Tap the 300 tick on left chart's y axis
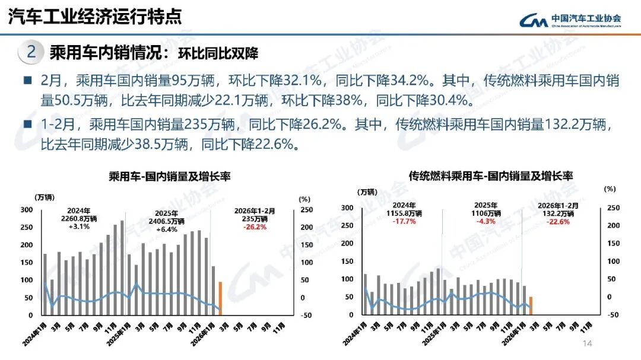(x=27, y=210)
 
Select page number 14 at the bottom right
(x=588, y=345)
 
